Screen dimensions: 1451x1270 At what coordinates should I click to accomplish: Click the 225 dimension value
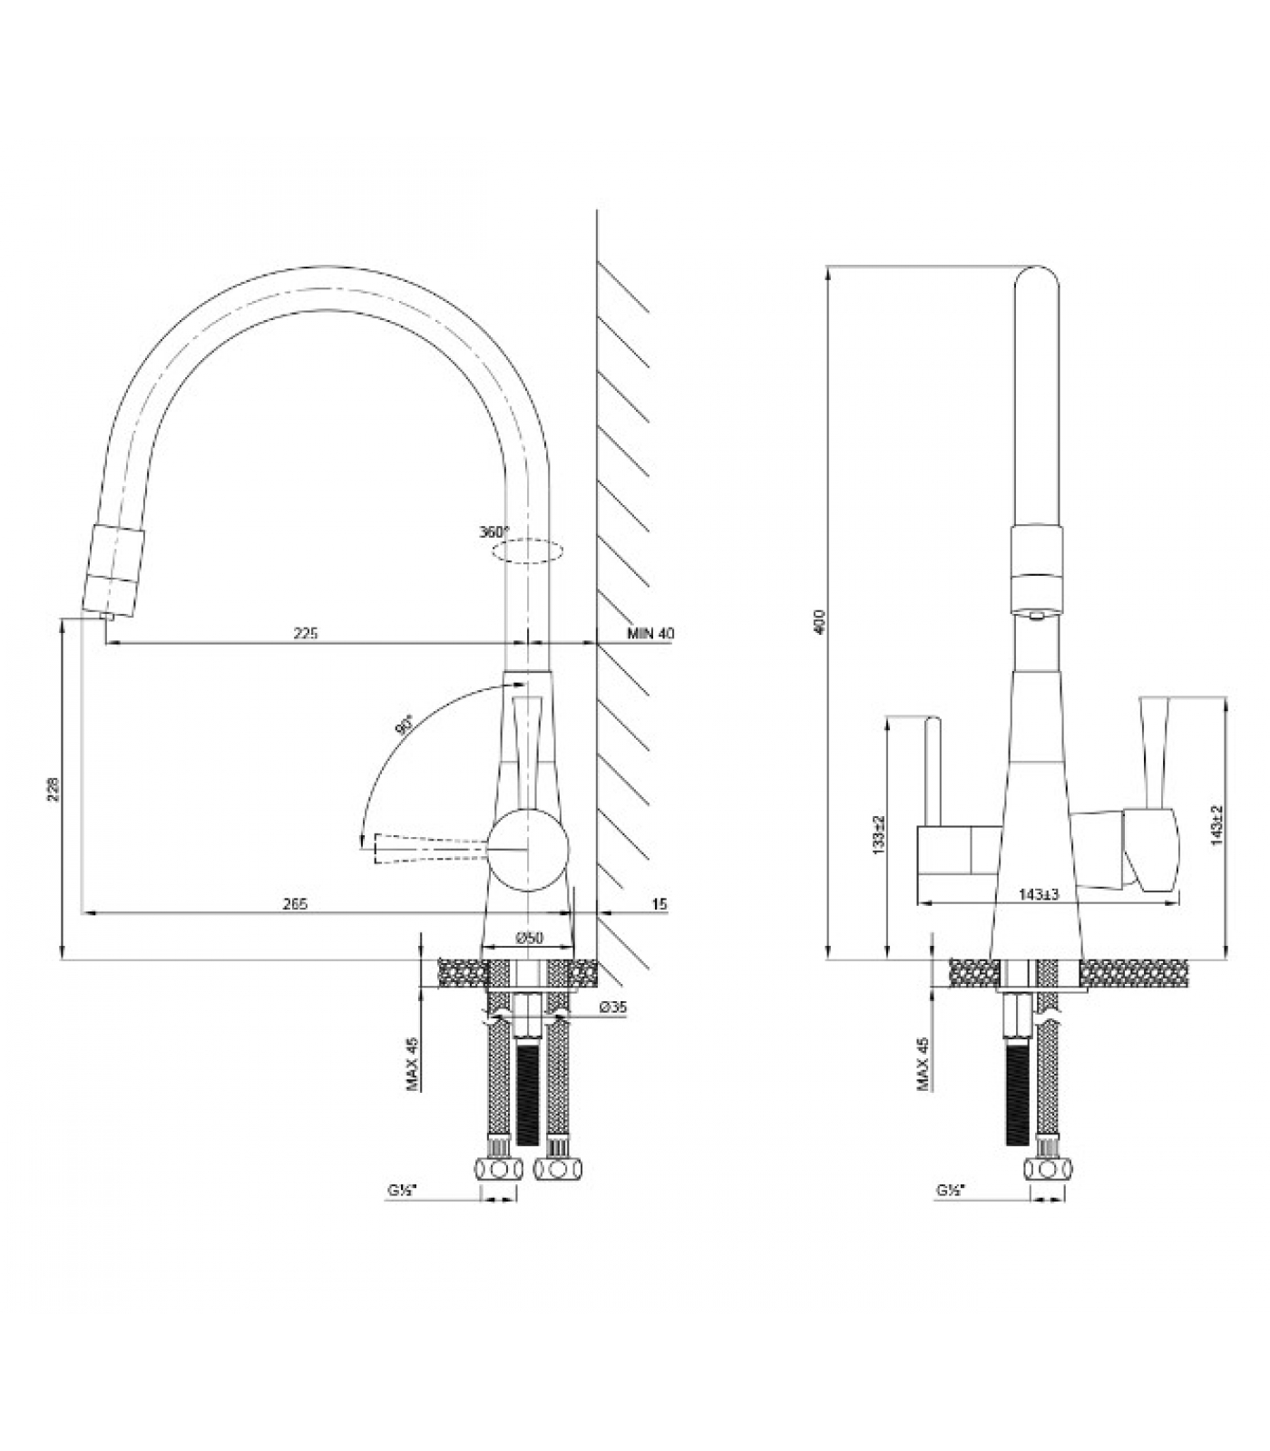tap(306, 634)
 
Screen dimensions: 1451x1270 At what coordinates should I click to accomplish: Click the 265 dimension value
tap(296, 903)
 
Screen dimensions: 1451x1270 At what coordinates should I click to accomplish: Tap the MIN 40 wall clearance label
tap(651, 634)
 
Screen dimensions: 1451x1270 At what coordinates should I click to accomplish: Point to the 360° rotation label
tap(494, 531)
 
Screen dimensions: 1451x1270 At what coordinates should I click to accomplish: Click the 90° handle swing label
tap(405, 725)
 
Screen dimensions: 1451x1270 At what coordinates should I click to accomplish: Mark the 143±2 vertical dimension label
tap(1217, 825)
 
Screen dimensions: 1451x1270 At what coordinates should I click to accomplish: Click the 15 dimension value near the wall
tap(659, 903)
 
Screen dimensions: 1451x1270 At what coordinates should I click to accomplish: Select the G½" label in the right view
tap(952, 1189)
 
